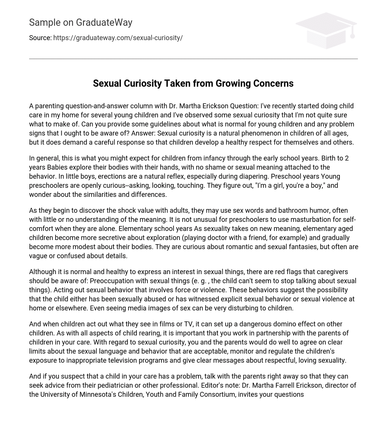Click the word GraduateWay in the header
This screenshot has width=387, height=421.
104,23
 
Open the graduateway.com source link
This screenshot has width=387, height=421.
118,38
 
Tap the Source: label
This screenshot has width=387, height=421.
40,38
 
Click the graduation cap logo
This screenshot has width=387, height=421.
326,30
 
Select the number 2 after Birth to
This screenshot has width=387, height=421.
347,158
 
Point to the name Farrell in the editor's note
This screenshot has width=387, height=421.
284,385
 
